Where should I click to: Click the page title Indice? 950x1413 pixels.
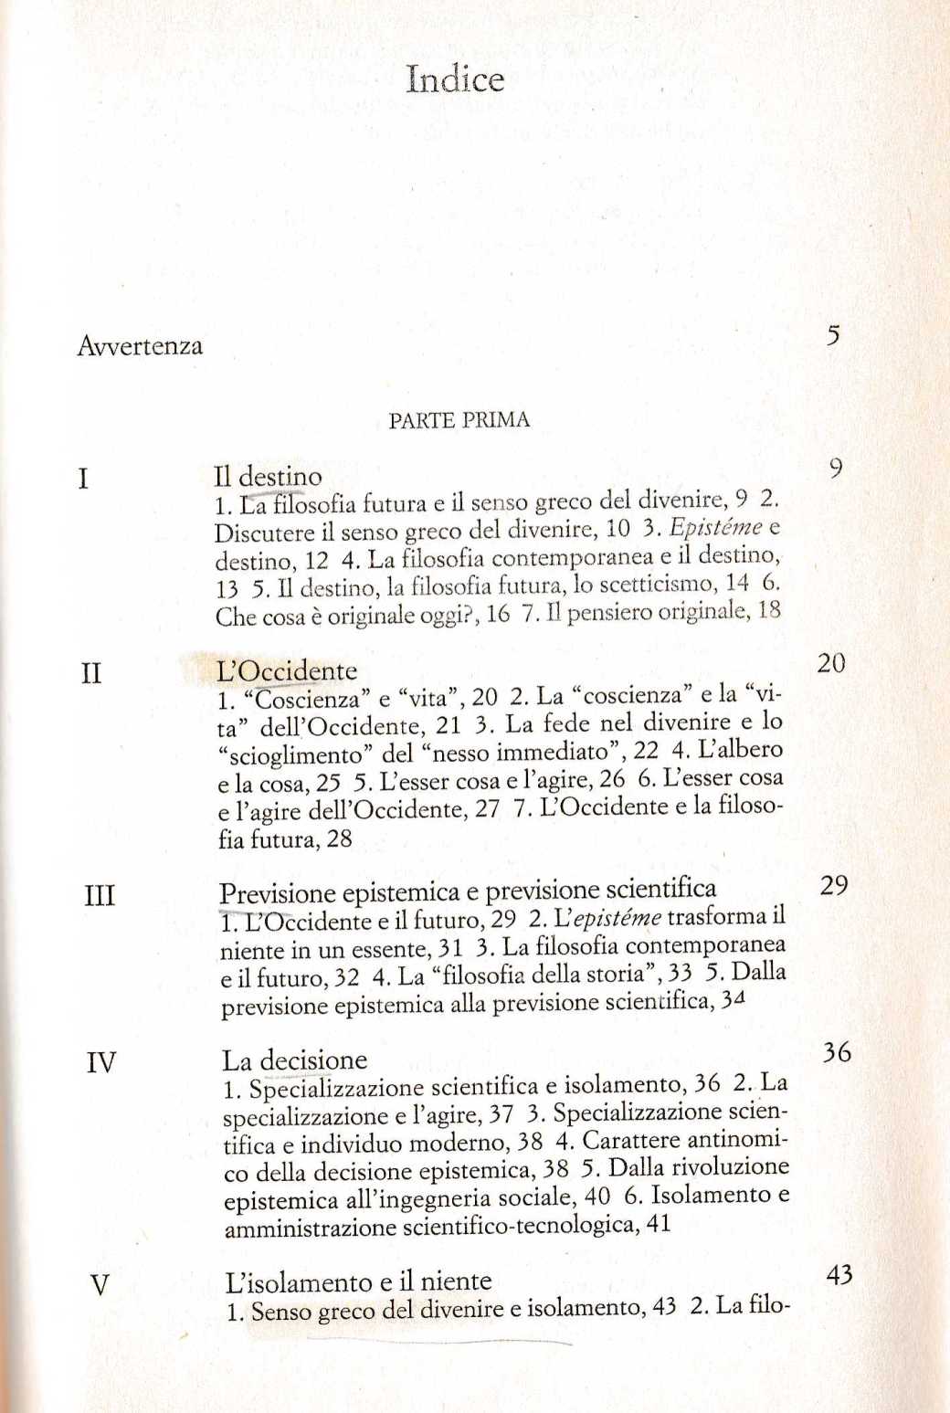tap(456, 79)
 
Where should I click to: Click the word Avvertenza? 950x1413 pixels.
tap(140, 346)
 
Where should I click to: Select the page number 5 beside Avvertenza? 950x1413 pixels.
tap(832, 336)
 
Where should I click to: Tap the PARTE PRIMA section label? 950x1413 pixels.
tap(459, 421)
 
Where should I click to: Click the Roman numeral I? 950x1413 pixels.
tap(84, 479)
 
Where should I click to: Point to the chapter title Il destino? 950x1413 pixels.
tap(268, 477)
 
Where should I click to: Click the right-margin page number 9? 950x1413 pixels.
tap(835, 469)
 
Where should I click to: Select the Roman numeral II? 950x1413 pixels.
tap(90, 675)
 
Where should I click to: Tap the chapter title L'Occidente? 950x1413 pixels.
tap(286, 671)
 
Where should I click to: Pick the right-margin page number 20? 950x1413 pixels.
tap(831, 664)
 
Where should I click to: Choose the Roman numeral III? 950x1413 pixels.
tap(99, 896)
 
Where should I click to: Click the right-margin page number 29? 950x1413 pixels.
tap(834, 886)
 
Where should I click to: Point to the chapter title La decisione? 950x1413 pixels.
tap(294, 1060)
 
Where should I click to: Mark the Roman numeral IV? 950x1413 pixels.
tap(100, 1063)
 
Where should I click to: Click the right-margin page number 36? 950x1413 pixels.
tap(836, 1053)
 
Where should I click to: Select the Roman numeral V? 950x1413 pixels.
tap(100, 1286)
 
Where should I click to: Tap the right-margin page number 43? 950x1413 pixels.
tap(839, 1275)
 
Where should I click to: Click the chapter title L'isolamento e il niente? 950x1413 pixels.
tap(358, 1281)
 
